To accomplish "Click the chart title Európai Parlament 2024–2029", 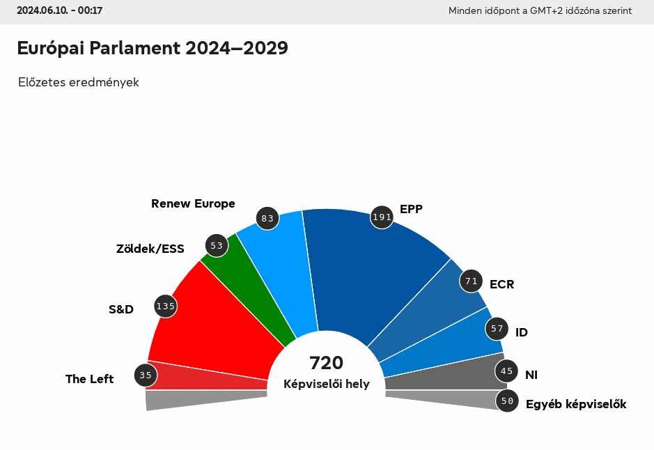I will [153, 48].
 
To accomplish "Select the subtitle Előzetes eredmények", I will [79, 82].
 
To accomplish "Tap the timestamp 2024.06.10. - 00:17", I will [60, 10].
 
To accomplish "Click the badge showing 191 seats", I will [382, 217].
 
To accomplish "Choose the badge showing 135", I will [166, 306].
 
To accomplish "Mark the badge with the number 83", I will [267, 219].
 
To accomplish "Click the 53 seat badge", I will [217, 245].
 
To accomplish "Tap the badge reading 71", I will [472, 281].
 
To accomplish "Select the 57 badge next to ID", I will [497, 328].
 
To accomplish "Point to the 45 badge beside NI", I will [506, 371].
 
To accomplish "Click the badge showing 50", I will [507, 401].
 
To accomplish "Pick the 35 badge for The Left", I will [146, 375].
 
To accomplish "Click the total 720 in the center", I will [327, 363].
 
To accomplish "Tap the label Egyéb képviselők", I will [576, 404].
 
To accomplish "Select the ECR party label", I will [501, 284].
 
